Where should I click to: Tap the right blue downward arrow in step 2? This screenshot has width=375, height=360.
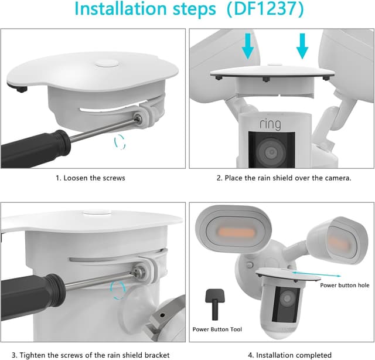(x=302, y=45)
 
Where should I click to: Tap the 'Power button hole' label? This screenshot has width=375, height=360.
(x=345, y=285)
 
